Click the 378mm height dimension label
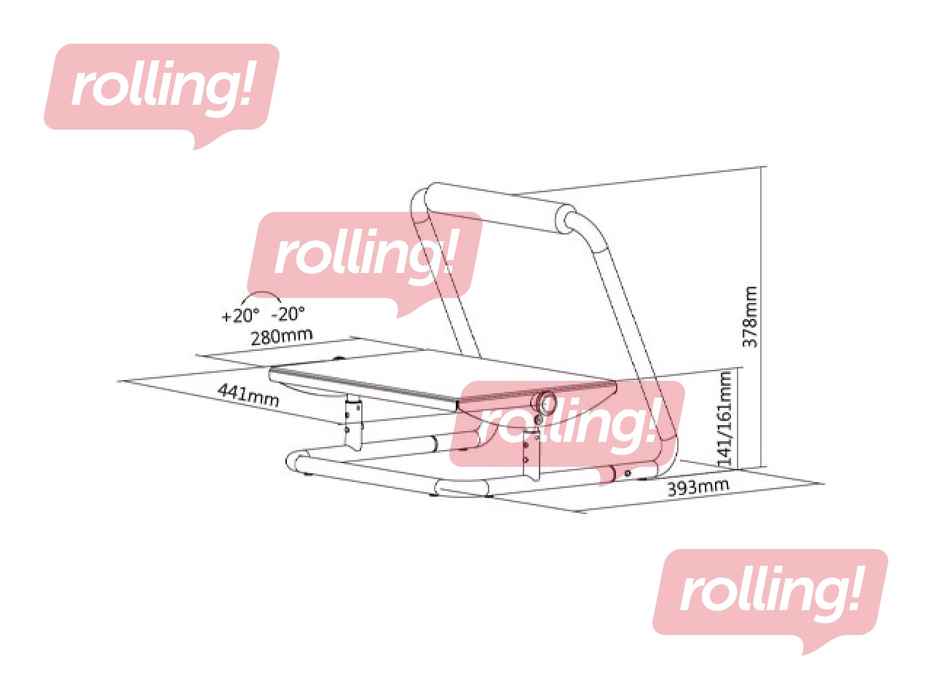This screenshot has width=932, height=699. tap(750, 317)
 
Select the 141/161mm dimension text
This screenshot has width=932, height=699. tap(725, 418)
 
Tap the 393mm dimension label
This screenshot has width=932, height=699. tap(698, 487)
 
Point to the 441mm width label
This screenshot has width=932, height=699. tap(248, 394)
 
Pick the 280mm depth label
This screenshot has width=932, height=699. tap(281, 336)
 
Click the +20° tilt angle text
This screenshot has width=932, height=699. tap(240, 316)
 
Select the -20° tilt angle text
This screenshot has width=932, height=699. tap(288, 314)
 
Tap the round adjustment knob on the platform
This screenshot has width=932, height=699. tap(544, 402)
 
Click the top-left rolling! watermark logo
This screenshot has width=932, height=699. tap(162, 87)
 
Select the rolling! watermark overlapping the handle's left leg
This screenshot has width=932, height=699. tap(364, 255)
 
